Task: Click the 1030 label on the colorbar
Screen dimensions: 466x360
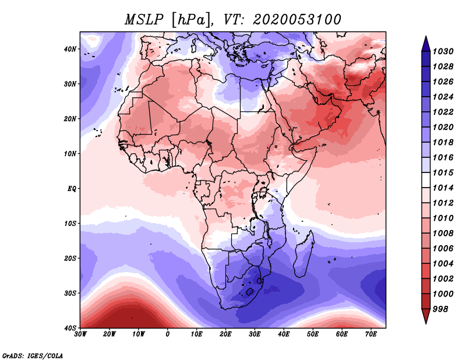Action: (x=443, y=51)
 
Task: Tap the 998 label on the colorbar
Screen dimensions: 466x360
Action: (x=440, y=309)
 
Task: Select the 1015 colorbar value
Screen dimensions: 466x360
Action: (x=443, y=172)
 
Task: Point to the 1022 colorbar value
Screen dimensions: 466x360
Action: (x=443, y=112)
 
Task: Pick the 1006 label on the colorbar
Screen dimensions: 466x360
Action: (x=443, y=249)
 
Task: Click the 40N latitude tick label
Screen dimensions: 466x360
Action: (x=70, y=49)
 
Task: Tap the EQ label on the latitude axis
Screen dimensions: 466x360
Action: (x=72, y=189)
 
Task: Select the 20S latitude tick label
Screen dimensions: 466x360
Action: (x=70, y=258)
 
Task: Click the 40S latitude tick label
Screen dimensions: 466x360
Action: (x=70, y=328)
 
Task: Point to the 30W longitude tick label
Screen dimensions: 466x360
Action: (x=80, y=334)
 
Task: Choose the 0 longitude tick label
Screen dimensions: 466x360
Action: (x=168, y=334)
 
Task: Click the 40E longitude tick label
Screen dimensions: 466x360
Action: (x=284, y=334)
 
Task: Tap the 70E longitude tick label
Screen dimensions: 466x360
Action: (x=371, y=334)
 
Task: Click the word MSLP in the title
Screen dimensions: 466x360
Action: (x=144, y=20)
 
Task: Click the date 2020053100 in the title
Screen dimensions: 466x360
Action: (x=296, y=20)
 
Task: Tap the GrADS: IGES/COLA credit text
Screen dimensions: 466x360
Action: (x=33, y=355)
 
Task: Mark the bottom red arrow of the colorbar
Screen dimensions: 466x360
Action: (x=426, y=316)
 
